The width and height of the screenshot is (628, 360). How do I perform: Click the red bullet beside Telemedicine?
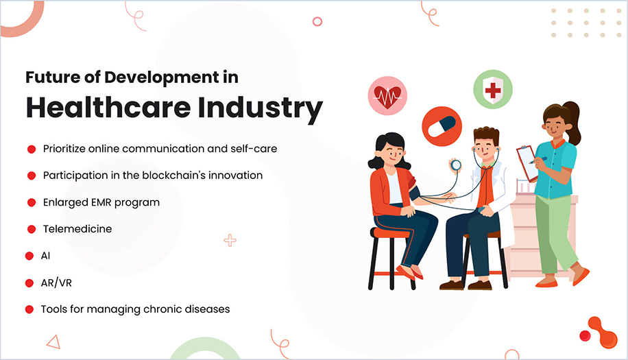click(31, 229)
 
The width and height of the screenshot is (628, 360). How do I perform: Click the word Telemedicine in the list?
click(77, 229)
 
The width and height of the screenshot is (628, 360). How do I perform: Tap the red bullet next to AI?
click(29, 256)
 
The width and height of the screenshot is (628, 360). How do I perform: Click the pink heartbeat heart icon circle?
click(387, 95)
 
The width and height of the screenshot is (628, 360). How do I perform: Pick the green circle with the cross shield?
click(492, 90)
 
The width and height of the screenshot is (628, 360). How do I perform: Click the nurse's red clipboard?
click(527, 163)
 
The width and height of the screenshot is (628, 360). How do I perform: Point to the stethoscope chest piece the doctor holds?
click(455, 165)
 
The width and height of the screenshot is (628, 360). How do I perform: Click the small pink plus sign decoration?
click(230, 240)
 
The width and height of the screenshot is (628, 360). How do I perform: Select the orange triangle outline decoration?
click(53, 341)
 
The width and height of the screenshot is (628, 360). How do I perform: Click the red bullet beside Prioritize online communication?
click(31, 149)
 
